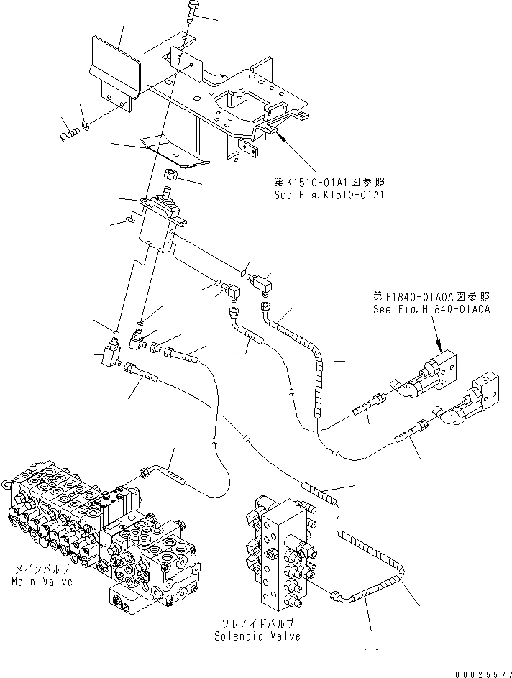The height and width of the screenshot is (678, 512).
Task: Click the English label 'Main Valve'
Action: (42, 581)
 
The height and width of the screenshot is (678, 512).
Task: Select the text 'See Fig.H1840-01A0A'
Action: (431, 309)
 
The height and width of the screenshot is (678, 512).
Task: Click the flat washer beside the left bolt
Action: (86, 127)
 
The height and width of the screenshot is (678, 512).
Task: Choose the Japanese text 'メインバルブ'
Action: (42, 569)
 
